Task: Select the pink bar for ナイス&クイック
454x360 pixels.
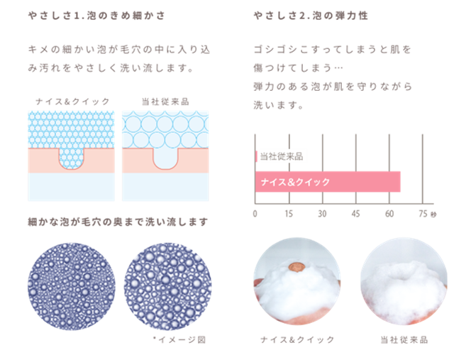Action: coord(328,182)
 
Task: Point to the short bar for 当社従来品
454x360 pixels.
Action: coord(257,156)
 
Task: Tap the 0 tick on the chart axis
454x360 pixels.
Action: coord(255,214)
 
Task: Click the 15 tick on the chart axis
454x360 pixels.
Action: coord(289,214)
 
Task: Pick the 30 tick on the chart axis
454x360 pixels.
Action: coord(322,214)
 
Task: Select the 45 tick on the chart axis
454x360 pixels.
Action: coord(355,214)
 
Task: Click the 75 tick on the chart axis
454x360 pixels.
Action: coord(423,214)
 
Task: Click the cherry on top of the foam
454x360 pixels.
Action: coord(297,268)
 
